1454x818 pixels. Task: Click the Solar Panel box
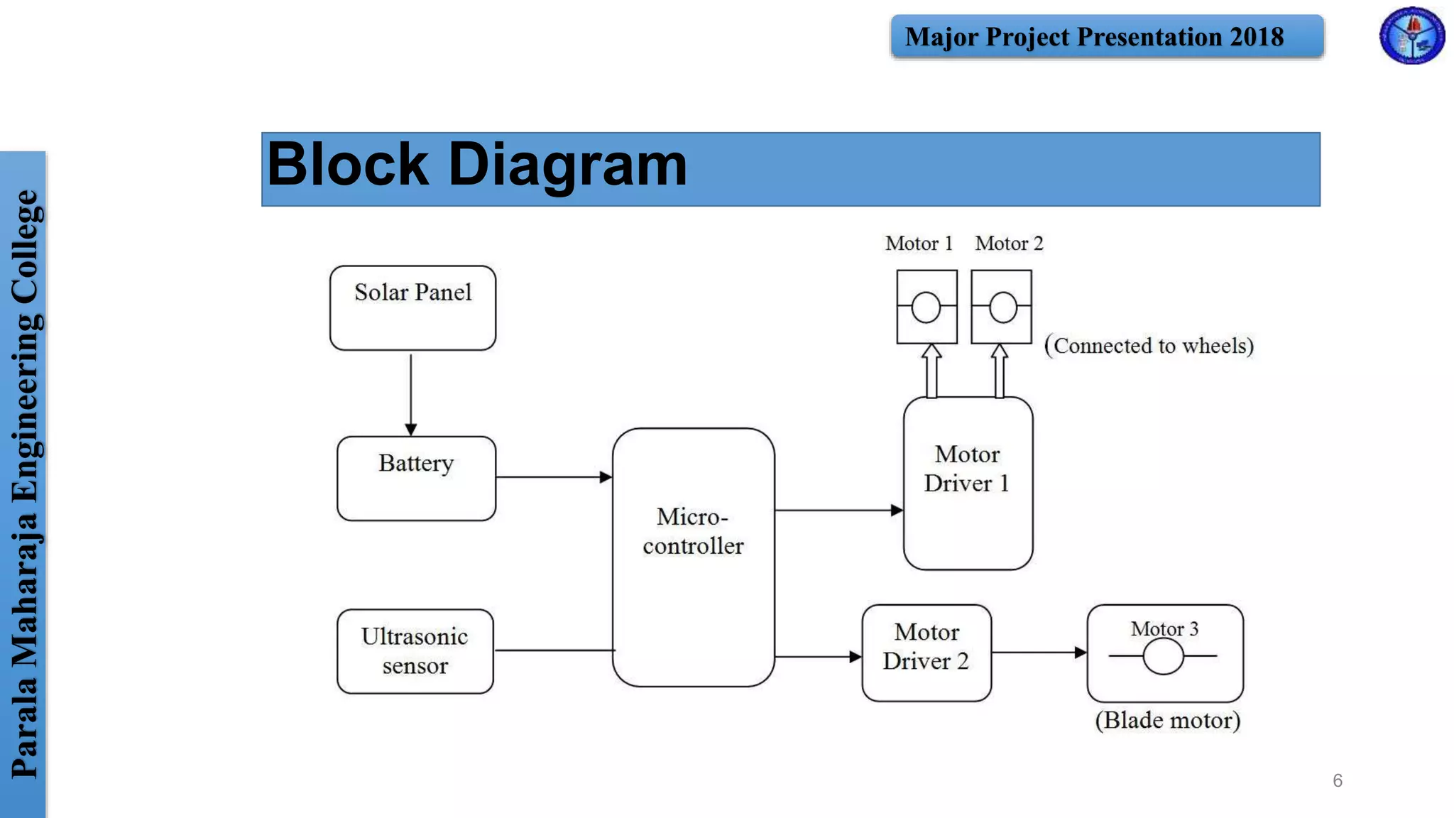tap(412, 307)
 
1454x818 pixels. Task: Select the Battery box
tap(416, 478)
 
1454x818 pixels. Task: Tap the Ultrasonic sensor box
tap(415, 650)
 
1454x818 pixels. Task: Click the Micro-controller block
tap(693, 557)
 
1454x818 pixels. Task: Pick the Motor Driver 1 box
tap(968, 483)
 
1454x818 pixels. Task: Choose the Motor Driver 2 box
tap(926, 653)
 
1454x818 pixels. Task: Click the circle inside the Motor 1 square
tap(926, 307)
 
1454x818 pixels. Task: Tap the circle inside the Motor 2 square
tap(1002, 307)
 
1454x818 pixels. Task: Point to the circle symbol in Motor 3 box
tap(1163, 656)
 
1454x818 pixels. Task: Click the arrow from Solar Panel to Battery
tap(410, 395)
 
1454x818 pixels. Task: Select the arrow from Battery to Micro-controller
tap(554, 477)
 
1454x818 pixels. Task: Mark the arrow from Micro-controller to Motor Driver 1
tap(838, 510)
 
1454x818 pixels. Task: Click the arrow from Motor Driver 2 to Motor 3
tap(1039, 652)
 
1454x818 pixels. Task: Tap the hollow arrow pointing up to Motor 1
tap(931, 371)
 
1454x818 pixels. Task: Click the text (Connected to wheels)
tap(1149, 346)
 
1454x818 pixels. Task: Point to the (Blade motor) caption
tap(1167, 720)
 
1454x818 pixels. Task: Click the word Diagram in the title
tap(567, 165)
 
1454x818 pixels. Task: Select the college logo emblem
tap(1411, 36)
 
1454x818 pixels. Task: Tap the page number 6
tap(1338, 780)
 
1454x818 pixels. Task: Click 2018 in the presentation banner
tap(1257, 37)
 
